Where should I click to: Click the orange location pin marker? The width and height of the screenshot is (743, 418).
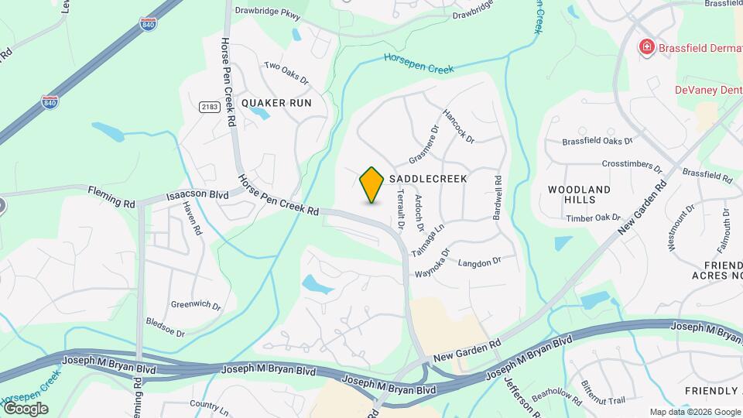coord(371,184)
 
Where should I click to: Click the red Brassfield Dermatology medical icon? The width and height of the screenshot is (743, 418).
coord(645,48)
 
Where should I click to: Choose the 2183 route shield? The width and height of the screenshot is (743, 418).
coord(209,106)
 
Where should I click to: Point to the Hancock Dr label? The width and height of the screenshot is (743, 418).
coord(458,125)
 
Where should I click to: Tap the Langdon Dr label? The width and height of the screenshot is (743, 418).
coord(480,262)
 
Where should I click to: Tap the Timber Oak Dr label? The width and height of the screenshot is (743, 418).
coord(594,218)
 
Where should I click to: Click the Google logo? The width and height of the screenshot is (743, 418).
coord(26,408)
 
